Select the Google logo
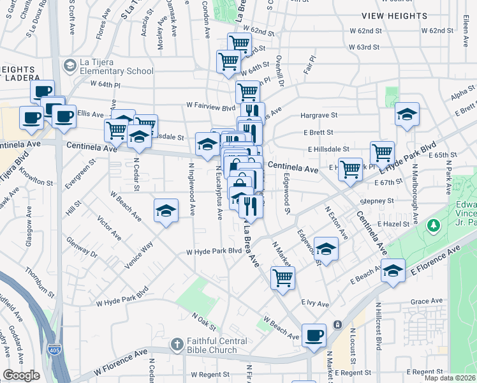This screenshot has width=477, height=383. pos(21,375)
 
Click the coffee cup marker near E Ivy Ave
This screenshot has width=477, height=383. pos(313,334)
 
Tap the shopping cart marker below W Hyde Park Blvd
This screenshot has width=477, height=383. pos(283,278)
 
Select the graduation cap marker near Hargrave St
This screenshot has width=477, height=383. pos(407,114)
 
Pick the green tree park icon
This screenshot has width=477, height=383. pos(434,225)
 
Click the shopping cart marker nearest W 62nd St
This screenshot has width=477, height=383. pos(239,43)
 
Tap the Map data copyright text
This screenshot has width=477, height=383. pos(450,378)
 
